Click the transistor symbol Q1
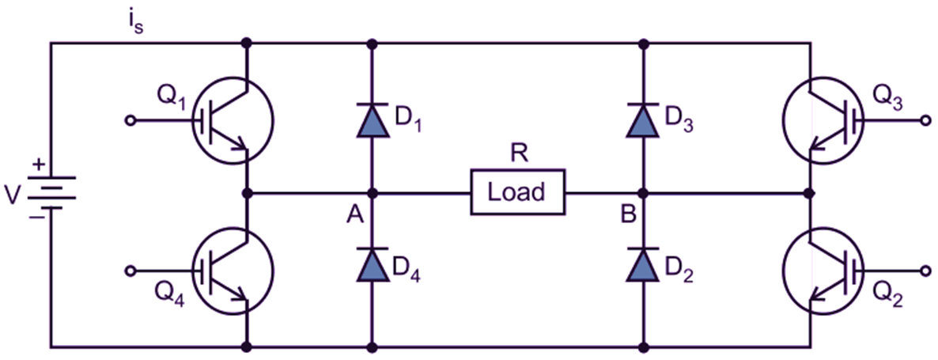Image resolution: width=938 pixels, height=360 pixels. click(233, 121)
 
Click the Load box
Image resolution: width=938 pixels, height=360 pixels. click(518, 192)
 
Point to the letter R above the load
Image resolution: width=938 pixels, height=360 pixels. click(519, 155)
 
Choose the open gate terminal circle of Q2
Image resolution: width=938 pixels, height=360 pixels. click(926, 271)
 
